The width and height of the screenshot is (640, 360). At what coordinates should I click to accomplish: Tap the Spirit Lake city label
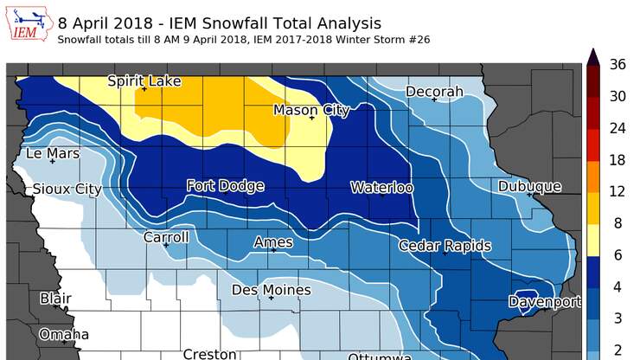click(x=144, y=81)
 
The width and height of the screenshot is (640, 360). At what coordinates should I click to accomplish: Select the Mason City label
click(x=311, y=110)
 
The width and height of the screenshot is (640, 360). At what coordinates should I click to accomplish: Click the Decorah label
click(x=434, y=92)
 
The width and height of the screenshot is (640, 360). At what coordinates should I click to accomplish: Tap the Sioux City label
click(x=67, y=189)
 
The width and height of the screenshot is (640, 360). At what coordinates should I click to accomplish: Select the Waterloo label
click(x=381, y=188)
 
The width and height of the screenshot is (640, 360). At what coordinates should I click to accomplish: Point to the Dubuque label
click(x=530, y=186)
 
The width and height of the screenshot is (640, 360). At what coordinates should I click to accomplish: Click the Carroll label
click(x=166, y=237)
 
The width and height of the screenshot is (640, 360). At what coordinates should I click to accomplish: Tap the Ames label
click(x=272, y=242)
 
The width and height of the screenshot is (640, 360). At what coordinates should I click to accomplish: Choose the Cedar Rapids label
click(x=445, y=246)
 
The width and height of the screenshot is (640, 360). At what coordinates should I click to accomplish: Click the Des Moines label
click(x=272, y=290)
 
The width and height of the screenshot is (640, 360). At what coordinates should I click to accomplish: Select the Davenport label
click(x=545, y=301)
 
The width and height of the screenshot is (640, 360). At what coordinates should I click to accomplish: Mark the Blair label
click(x=55, y=299)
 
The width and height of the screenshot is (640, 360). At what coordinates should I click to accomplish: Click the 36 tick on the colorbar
click(x=618, y=63)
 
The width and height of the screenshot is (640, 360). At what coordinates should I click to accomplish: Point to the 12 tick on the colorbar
click(x=618, y=192)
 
